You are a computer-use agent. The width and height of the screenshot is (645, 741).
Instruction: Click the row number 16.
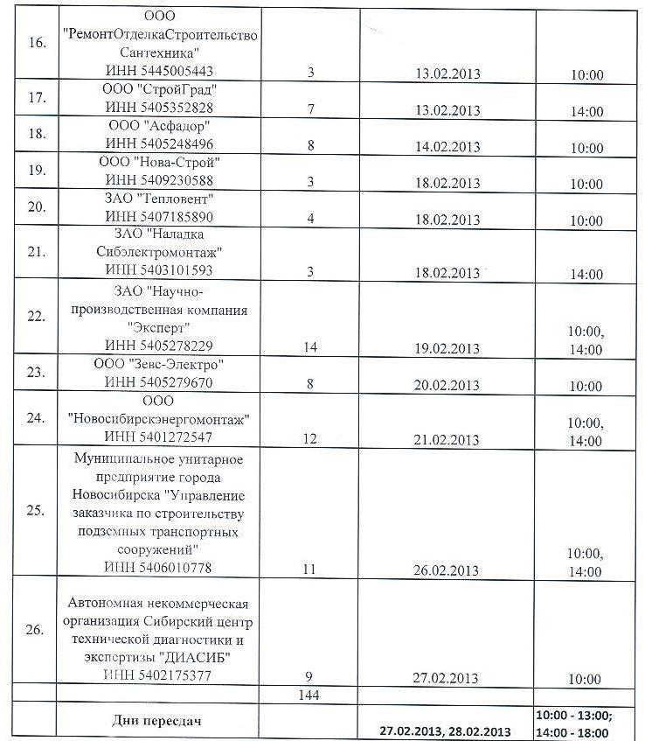point(37,44)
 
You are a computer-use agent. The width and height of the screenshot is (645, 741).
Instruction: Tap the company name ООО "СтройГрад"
point(159,91)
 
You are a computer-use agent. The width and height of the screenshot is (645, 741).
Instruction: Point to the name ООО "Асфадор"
point(159,127)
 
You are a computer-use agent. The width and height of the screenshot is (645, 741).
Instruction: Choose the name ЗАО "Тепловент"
point(159,199)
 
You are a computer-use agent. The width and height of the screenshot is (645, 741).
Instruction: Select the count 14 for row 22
point(310,347)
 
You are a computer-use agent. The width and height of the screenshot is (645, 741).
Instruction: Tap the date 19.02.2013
point(449,347)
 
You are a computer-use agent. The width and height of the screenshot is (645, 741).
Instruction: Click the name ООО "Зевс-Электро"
point(159,365)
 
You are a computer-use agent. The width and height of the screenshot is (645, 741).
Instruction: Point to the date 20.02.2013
point(449,385)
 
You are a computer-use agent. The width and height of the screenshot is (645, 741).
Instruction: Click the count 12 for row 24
point(310,438)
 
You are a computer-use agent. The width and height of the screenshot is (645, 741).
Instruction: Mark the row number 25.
point(37,512)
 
